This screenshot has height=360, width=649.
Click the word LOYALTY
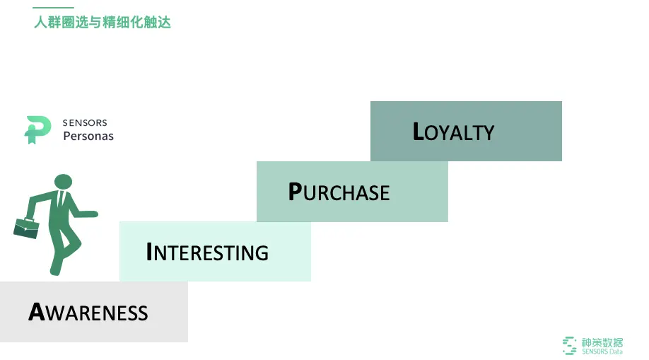pyautogui.click(x=453, y=132)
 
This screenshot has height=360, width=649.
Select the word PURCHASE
pyautogui.click(x=339, y=192)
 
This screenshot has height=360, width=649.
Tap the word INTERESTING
pyautogui.click(x=207, y=252)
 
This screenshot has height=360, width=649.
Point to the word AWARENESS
pyautogui.click(x=88, y=312)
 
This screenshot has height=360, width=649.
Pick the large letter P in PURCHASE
pyautogui.click(x=295, y=192)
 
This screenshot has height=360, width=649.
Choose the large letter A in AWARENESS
pyautogui.click(x=37, y=312)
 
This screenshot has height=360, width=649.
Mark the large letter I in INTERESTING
pyautogui.click(x=149, y=252)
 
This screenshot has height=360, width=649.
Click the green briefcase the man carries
pyautogui.click(x=25, y=228)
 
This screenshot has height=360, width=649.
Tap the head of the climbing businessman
pyautogui.click(x=63, y=182)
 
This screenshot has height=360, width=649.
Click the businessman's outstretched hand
pyautogui.click(x=92, y=213)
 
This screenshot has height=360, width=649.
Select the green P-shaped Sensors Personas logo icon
pyautogui.click(x=37, y=129)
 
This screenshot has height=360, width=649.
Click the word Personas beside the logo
pyautogui.click(x=88, y=136)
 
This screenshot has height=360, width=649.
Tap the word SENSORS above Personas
pyautogui.click(x=85, y=123)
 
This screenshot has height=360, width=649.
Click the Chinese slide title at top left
pyautogui.click(x=103, y=23)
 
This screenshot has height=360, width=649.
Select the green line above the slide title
pyautogui.click(x=54, y=8)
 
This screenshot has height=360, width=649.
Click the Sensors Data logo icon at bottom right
pyautogui.click(x=569, y=345)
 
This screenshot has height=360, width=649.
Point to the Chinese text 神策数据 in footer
pyautogui.click(x=602, y=342)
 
